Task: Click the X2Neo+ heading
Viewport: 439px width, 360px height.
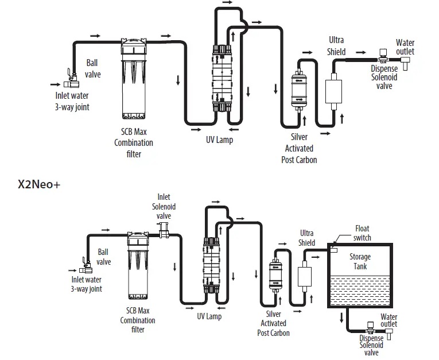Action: click(39, 184)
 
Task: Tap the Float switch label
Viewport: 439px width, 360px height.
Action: click(362, 233)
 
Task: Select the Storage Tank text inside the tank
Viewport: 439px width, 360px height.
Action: click(360, 261)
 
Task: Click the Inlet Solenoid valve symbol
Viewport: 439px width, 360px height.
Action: click(164, 230)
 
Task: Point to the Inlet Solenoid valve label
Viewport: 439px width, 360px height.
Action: click(164, 207)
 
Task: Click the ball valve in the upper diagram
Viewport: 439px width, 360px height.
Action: click(71, 79)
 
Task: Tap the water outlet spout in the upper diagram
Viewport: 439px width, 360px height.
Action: click(405, 63)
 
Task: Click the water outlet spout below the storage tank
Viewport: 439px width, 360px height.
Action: click(389, 334)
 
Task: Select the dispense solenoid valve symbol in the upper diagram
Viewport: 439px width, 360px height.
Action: click(383, 56)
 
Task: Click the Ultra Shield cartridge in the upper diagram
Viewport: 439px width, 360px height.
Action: click(333, 91)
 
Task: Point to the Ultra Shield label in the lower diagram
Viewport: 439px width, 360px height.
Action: click(306, 238)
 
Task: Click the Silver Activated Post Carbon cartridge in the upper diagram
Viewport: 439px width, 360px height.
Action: click(299, 91)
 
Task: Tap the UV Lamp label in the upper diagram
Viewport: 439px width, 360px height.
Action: click(219, 140)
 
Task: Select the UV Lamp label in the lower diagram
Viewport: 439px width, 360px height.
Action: click(209, 316)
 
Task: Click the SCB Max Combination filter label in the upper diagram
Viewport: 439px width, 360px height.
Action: click(134, 142)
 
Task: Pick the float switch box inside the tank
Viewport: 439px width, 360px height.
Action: click(333, 250)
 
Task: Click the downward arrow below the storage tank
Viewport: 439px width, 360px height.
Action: click(341, 318)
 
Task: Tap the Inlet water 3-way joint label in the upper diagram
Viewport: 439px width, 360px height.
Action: click(72, 101)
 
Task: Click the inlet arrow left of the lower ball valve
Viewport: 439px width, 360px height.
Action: click(72, 270)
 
